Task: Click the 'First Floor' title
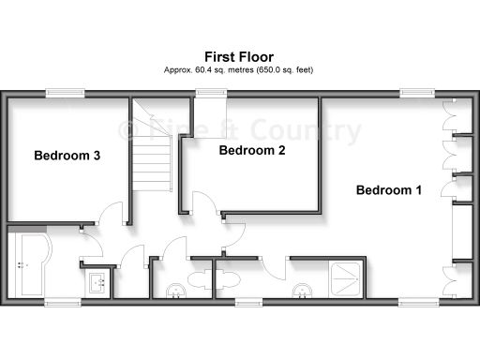click(239, 56)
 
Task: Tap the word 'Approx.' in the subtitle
click(177, 70)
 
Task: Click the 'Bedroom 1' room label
click(388, 190)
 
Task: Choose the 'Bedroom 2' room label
click(251, 150)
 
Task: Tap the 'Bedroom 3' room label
click(67, 156)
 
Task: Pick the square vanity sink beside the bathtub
click(97, 280)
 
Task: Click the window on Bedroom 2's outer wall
click(208, 92)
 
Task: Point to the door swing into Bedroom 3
click(112, 214)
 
